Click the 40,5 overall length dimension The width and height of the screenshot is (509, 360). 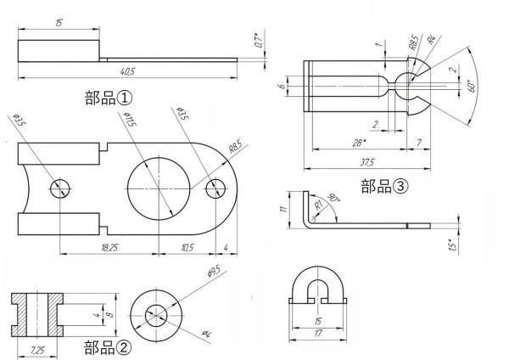pyautogui.click(x=127, y=71)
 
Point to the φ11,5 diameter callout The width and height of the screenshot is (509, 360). pyautogui.click(x=130, y=121)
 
